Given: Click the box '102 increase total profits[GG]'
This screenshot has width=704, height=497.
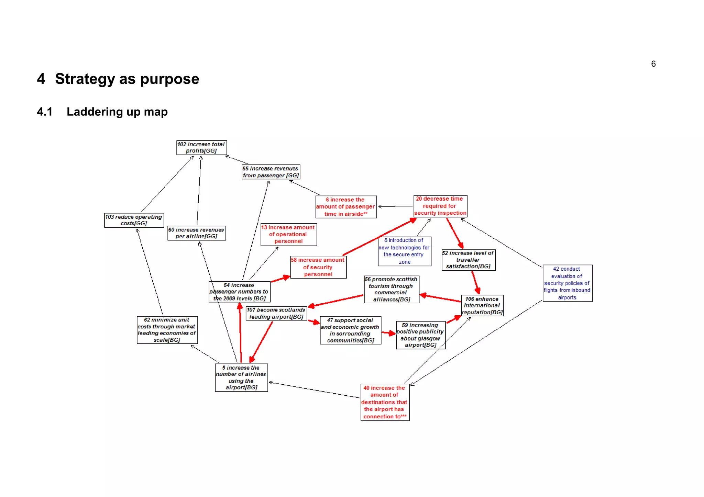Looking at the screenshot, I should coord(201,148).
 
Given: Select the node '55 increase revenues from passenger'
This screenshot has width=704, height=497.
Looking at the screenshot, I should coord(271,172).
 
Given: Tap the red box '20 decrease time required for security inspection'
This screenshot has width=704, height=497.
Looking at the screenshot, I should coord(440,206).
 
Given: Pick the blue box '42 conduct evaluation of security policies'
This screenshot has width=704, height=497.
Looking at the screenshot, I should coord(567,283).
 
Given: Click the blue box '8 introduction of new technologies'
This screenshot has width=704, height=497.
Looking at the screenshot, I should coord(404,251).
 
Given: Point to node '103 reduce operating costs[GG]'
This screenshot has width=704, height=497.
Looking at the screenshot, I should coord(134,220).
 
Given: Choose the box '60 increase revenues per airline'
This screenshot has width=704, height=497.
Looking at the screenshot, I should coord(196,233).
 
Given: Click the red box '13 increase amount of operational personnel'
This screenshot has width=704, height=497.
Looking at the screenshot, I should coord(288,235).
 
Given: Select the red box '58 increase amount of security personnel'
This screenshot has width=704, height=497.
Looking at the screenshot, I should coord(318,267).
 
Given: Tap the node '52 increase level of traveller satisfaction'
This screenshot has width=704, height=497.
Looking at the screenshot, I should coord(468,260).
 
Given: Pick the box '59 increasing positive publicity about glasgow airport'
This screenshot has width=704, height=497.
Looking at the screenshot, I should coord(420,335).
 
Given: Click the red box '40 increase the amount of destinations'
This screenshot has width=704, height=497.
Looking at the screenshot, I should coord(385,402).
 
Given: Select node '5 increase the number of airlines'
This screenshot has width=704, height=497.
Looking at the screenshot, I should coord(241,378).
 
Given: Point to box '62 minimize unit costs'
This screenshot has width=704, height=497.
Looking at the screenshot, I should coord(167,330).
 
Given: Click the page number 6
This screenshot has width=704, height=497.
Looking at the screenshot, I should coord(653,64).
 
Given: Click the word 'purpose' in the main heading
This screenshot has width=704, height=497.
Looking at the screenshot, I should coord(169,79).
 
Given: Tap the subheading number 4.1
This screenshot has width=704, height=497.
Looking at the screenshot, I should coord(45,112).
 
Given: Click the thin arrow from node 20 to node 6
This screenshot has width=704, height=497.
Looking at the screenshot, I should coord(395,206).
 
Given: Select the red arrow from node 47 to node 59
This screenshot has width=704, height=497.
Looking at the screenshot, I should coord(389,333).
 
